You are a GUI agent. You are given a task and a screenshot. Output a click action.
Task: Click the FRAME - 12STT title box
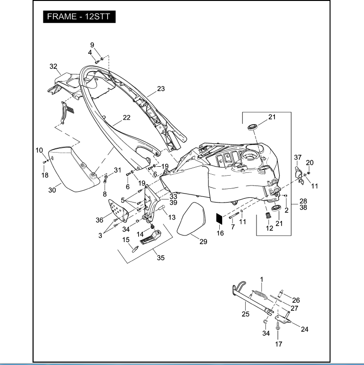click(80, 17)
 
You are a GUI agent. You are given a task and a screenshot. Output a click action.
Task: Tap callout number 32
click(53, 66)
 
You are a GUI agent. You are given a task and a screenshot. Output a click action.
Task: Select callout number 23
click(161, 89)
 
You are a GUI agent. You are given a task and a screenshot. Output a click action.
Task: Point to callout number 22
click(126, 117)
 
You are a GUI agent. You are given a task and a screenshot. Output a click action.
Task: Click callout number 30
click(52, 190)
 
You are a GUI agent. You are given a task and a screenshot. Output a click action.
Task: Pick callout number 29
click(203, 241)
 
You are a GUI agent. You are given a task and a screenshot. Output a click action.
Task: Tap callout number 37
click(298, 157)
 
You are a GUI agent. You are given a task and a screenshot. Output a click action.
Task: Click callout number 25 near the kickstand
click(245, 314)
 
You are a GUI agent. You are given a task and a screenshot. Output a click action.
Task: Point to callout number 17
click(279, 344)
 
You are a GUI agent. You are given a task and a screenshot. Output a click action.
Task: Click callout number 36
click(99, 220)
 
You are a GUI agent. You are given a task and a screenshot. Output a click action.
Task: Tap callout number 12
click(270, 228)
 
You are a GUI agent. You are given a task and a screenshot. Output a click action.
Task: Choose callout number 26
click(296, 300)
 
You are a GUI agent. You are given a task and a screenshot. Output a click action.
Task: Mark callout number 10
click(39, 150)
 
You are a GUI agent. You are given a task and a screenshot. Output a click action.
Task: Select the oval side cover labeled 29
click(193, 219)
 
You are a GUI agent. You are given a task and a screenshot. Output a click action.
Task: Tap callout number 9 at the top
click(92, 45)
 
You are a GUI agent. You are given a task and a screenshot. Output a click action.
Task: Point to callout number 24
click(304, 329)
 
